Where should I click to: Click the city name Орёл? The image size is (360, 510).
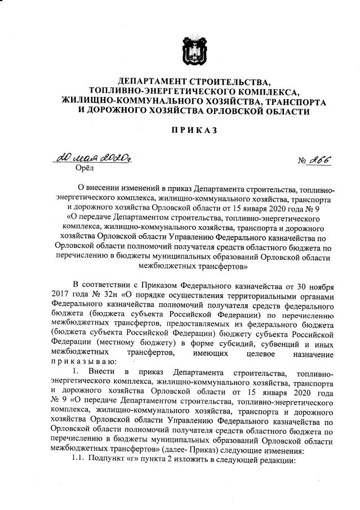point(85,167)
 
